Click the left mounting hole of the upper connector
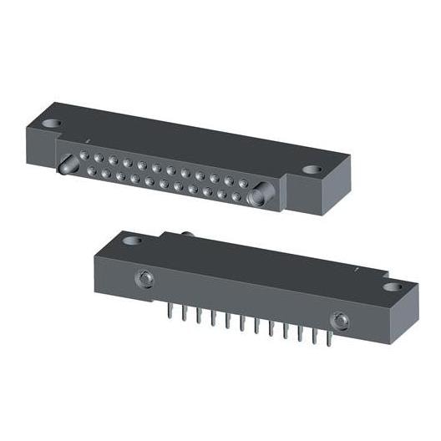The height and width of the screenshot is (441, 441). (52, 124)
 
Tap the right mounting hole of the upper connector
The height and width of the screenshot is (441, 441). (312, 170)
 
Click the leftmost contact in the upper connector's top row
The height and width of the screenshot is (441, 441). (84, 154)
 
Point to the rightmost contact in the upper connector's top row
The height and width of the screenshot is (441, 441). (243, 182)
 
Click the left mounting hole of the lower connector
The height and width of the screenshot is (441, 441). (132, 241)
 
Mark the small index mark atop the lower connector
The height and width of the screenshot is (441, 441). (357, 269)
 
